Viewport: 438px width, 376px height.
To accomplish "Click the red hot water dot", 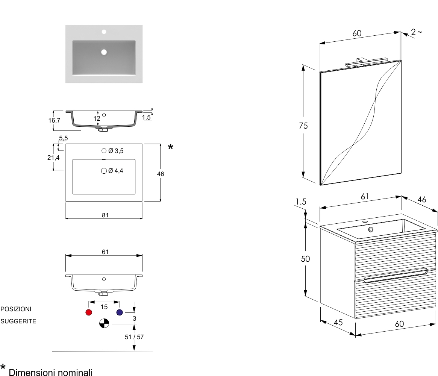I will pos(89,312).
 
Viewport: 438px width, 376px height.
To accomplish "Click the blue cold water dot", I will pos(120,312).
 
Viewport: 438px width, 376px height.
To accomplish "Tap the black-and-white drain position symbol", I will pos(104,323).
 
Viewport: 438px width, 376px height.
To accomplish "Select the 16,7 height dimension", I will pos(54,120).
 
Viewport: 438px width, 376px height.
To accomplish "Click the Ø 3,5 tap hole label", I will pos(116,151).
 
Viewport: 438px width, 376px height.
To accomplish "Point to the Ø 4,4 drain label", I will pos(116,171).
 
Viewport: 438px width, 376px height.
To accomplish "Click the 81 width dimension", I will pos(105,215).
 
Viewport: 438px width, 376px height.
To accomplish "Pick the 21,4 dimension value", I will pos(53,158).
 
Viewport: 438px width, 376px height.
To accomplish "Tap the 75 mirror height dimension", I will pos(303,126).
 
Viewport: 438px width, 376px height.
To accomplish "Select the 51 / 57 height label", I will pos(134,337).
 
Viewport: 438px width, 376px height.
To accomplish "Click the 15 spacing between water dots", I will pos(104,307).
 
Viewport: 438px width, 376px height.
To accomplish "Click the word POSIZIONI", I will pos(16,309).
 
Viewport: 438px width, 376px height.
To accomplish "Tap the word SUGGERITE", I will pos(18,321).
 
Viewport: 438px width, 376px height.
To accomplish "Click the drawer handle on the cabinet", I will pos(395,276).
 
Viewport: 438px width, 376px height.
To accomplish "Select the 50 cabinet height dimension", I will pos(306,259).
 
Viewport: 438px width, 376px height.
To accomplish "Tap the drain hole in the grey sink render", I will pos(104,52).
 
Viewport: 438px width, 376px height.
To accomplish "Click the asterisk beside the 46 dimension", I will pos(171,147).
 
